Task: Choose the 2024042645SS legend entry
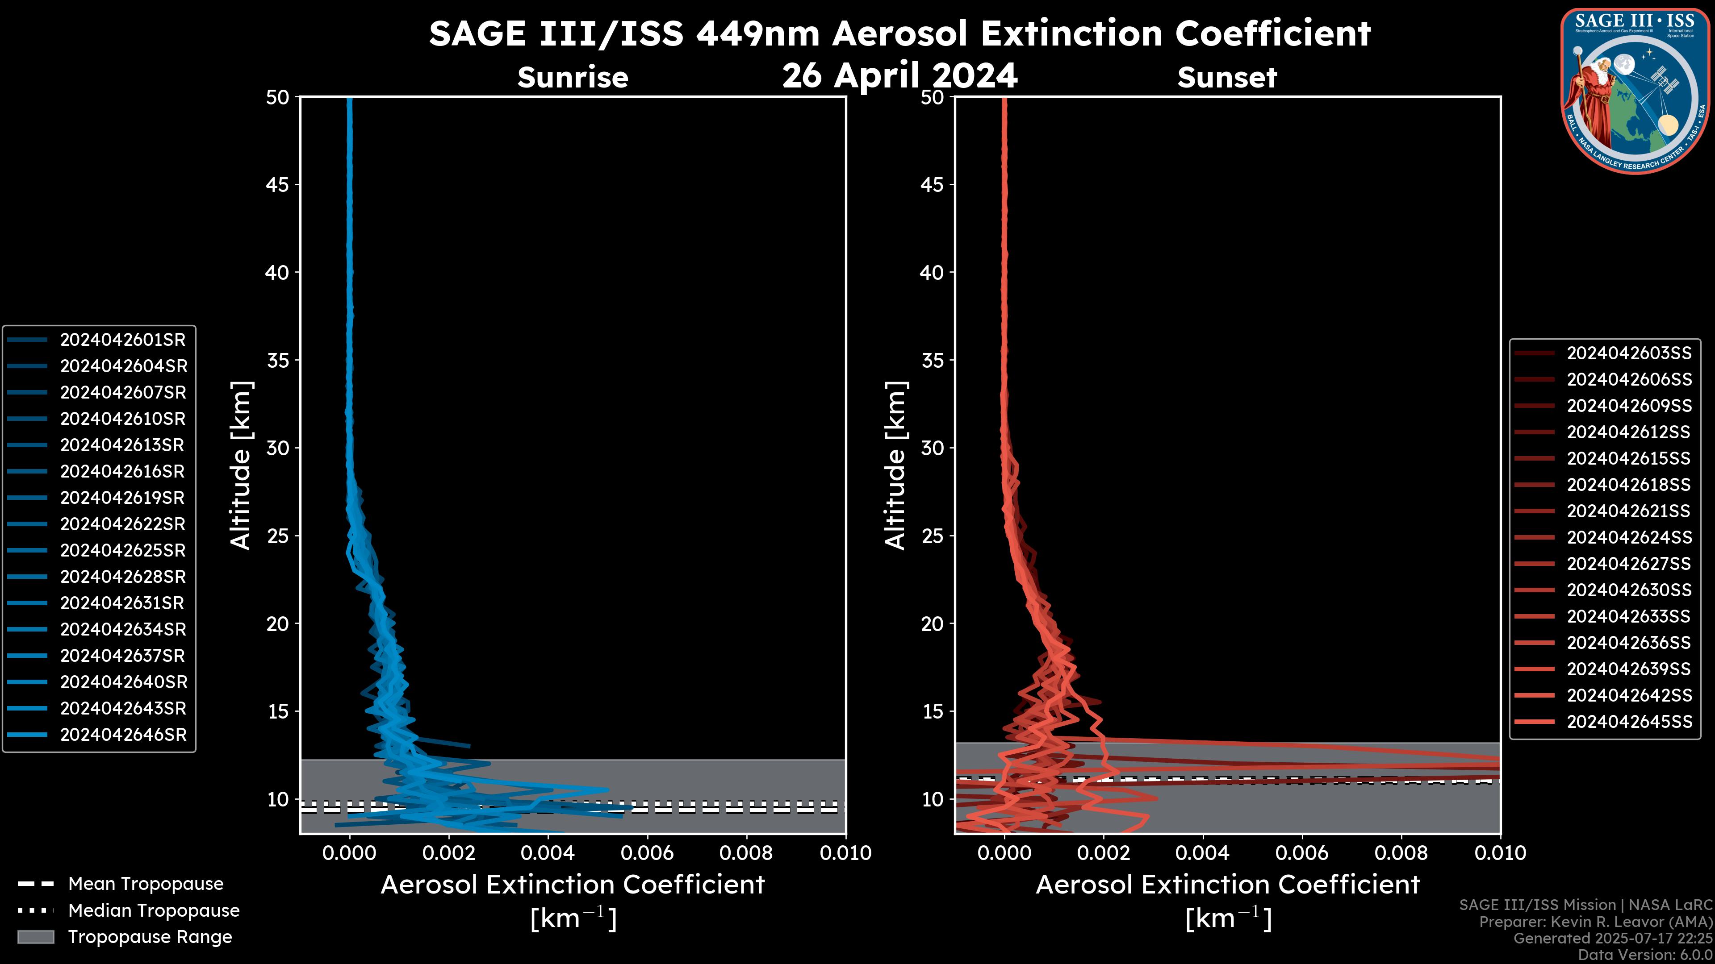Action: pyautogui.click(x=1628, y=722)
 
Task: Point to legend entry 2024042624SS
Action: pyautogui.click(x=1628, y=537)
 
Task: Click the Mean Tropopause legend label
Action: pyautogui.click(x=145, y=884)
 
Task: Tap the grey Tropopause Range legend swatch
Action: pyautogui.click(x=35, y=937)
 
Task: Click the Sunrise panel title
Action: pyautogui.click(x=573, y=78)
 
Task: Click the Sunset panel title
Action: pyautogui.click(x=1227, y=78)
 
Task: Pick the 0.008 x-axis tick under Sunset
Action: pyautogui.click(x=1401, y=853)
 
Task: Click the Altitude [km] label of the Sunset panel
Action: pyautogui.click(x=895, y=465)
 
